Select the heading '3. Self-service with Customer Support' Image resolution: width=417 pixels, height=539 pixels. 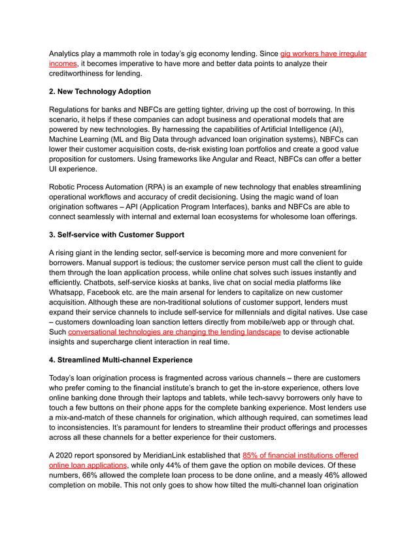point(120,234)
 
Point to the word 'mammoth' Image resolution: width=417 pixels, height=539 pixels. point(125,53)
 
